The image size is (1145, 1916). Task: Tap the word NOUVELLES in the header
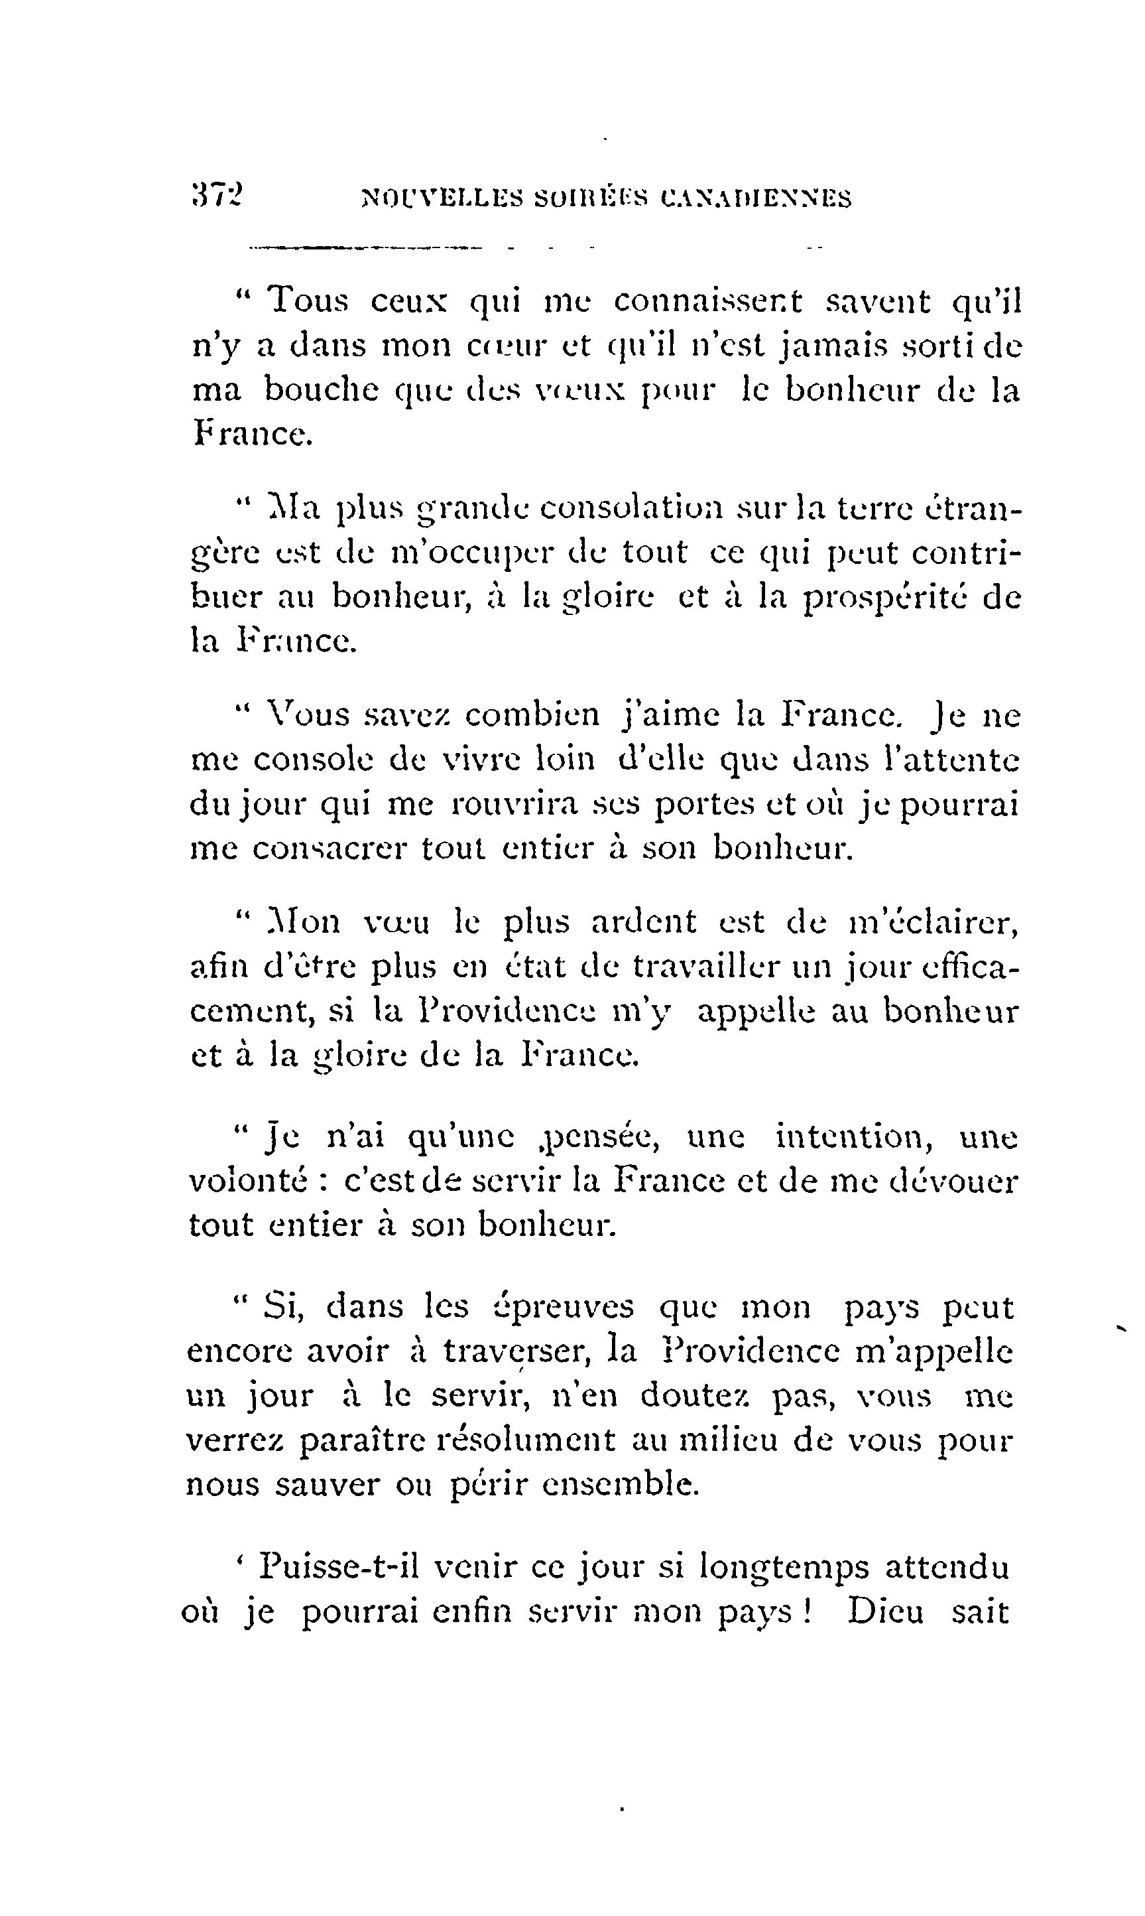coord(442,198)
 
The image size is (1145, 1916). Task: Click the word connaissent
coord(708,301)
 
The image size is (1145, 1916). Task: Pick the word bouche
coord(321,390)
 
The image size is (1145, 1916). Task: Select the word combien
coord(532,715)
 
